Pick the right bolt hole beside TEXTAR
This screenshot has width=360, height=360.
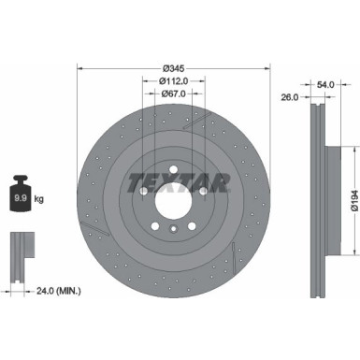(x=204, y=191)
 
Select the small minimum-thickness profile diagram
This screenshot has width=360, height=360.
(x=20, y=248)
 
